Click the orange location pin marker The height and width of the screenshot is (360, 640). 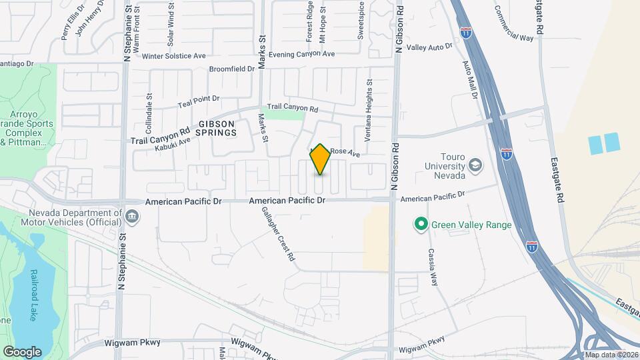(x=320, y=159)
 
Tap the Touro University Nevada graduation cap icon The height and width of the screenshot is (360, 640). (x=475, y=165)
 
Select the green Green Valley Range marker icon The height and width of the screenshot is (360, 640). (x=421, y=225)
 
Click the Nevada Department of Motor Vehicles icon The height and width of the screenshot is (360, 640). (x=132, y=217)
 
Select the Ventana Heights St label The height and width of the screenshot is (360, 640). (x=369, y=111)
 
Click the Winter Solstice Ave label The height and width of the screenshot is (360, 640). (x=173, y=57)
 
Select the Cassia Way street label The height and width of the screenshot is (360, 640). (x=433, y=267)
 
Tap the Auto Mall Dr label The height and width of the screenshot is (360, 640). (x=471, y=79)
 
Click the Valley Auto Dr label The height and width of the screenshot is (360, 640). (x=429, y=47)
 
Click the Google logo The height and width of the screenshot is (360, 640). (x=22, y=351)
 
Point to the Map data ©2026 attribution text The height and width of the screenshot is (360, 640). (x=611, y=355)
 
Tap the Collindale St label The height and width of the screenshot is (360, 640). (x=149, y=115)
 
